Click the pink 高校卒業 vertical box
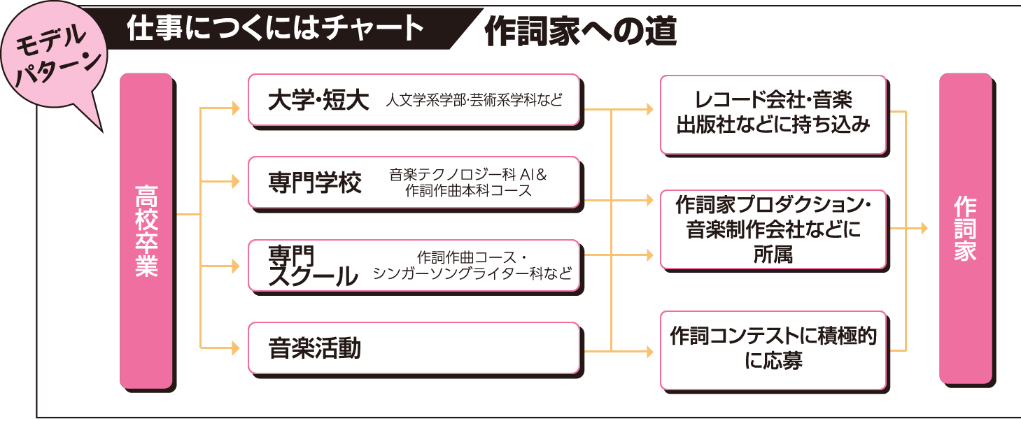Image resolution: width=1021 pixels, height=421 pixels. pos(146,231)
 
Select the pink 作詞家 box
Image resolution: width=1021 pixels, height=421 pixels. pos(966,228)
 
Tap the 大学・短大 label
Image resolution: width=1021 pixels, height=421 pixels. pos(318,100)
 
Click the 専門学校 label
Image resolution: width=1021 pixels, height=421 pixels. pos(314,183)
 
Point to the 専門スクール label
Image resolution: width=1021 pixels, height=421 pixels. pos(313,266)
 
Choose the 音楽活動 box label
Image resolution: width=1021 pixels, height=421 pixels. pos(314,348)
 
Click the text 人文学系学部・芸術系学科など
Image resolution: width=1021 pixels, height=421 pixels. pos(474,100)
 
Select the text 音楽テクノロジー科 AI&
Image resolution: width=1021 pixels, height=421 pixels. pos(467,175)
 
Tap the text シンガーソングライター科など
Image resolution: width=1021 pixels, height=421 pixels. pos(472,273)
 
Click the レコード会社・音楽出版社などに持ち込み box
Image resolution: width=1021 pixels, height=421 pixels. pos(773,115)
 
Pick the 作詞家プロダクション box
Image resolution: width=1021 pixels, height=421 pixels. pos(773,229)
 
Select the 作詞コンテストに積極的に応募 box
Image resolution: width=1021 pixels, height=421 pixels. pos(773,350)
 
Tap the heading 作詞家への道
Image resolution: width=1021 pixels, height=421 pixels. pos(580,31)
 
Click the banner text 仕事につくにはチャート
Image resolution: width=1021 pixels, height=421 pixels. pos(275,28)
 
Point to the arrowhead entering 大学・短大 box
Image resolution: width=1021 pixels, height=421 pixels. pos(236,108)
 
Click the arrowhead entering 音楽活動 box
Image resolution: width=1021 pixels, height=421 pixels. pos(236,348)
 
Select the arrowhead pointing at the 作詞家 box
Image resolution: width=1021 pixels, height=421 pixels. pos(924,228)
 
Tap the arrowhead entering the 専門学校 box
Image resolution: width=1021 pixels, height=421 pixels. pos(236,181)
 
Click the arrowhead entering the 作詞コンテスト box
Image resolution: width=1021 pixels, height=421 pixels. pos(649,351)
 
